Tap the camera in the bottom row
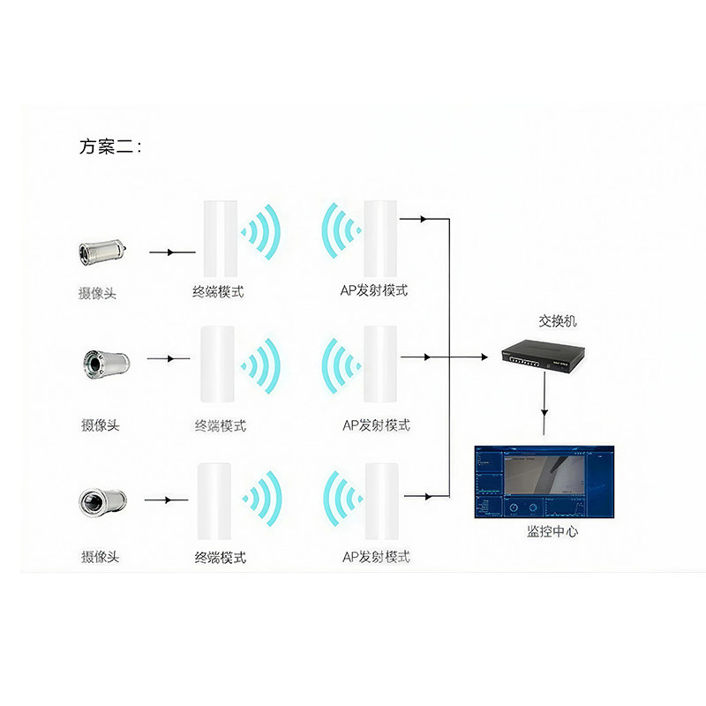102,501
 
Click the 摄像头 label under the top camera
97,293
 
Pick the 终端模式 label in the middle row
220,425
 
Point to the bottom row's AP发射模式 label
376,557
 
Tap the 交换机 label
558,321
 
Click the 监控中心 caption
552,531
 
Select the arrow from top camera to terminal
172,252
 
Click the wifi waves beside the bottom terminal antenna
262,499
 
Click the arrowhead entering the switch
484,357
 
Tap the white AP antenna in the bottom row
381,499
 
